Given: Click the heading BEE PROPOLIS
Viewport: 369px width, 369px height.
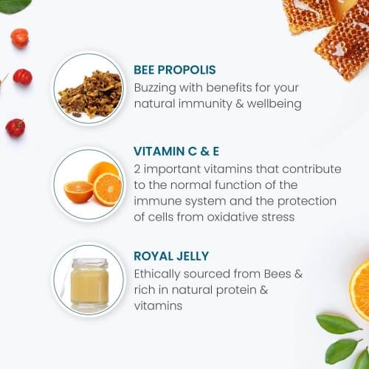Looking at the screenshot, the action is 175,70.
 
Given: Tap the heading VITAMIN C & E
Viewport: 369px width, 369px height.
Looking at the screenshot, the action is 176,151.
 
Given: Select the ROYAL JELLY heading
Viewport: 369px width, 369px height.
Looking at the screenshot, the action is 171,256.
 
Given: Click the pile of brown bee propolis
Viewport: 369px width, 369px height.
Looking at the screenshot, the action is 90,94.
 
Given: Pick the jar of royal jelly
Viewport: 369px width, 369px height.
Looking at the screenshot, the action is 90,283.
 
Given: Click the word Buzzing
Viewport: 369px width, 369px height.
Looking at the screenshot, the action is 155,88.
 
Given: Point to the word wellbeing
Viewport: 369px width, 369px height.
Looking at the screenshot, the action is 274,104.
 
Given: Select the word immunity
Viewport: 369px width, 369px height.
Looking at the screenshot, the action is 205,104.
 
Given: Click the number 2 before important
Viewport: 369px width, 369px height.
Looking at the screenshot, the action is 137,169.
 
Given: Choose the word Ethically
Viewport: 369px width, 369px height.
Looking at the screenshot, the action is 157,275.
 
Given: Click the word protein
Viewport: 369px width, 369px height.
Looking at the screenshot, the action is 236,290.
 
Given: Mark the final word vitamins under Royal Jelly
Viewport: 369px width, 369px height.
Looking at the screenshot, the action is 158,306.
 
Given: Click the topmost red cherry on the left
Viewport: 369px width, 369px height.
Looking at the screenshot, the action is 20,38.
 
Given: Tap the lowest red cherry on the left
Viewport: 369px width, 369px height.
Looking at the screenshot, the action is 15,128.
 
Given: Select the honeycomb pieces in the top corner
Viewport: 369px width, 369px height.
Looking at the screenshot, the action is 327,35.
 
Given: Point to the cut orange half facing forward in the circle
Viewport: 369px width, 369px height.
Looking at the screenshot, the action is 108,189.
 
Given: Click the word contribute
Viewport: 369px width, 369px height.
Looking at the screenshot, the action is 311,169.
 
